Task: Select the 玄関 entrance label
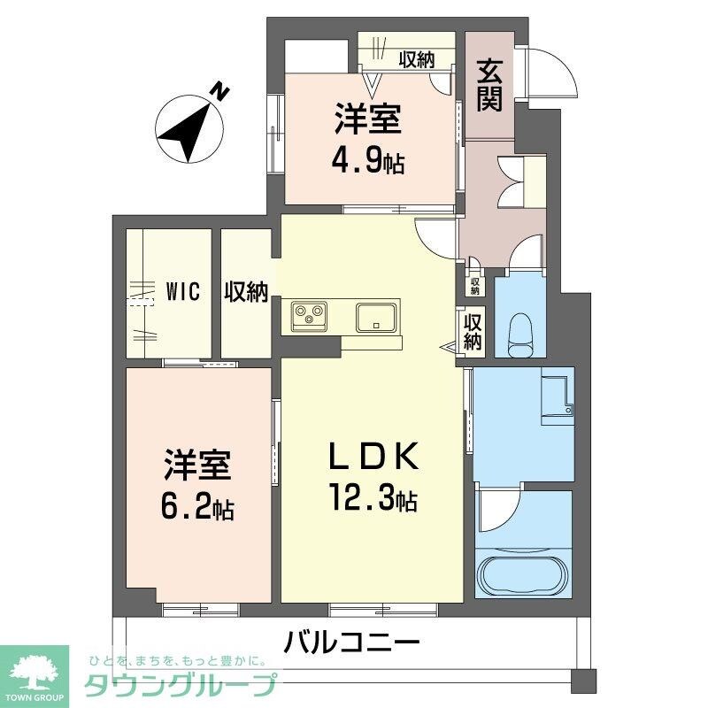489,85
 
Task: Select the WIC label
183,291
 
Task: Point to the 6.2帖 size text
197,508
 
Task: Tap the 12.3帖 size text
372,500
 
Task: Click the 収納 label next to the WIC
246,291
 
